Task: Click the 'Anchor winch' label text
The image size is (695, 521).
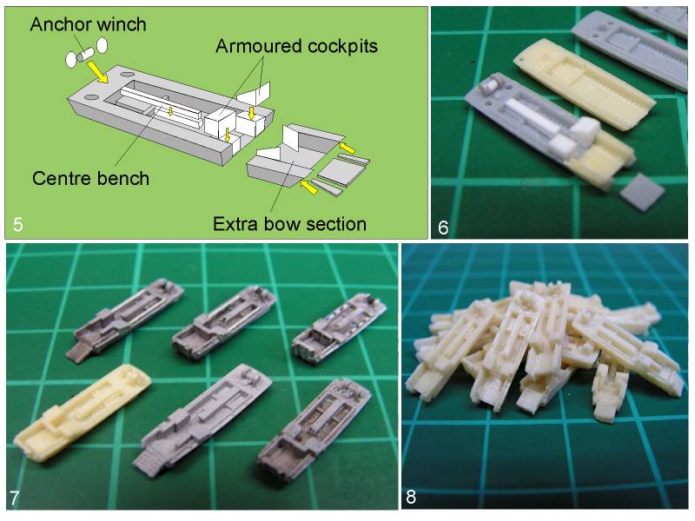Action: (89, 24)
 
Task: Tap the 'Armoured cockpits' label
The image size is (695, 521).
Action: (296, 46)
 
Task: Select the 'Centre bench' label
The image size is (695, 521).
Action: (91, 178)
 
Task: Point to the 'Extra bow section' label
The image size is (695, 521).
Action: (290, 224)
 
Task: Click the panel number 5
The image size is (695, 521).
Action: (17, 224)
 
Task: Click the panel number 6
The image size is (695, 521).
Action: (443, 228)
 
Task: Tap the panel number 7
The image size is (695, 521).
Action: (14, 498)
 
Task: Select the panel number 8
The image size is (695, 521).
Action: (411, 497)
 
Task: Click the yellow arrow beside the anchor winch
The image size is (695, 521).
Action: (97, 72)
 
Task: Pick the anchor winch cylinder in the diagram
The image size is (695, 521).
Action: (84, 56)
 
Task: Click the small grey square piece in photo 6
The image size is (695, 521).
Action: (642, 191)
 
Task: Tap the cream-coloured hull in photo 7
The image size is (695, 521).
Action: (82, 413)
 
